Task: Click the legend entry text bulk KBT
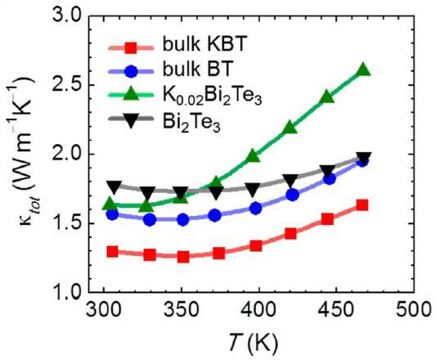(205, 44)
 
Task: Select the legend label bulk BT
(197, 70)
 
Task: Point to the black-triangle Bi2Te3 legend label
(191, 123)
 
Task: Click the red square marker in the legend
(130, 48)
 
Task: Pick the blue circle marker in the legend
(130, 72)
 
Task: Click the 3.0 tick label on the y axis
(66, 17)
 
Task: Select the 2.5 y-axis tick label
(66, 85)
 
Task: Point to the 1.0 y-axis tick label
(66, 293)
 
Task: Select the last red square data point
(362, 205)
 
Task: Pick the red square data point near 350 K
(183, 257)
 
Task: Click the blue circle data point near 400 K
(255, 208)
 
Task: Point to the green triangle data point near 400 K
(253, 155)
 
